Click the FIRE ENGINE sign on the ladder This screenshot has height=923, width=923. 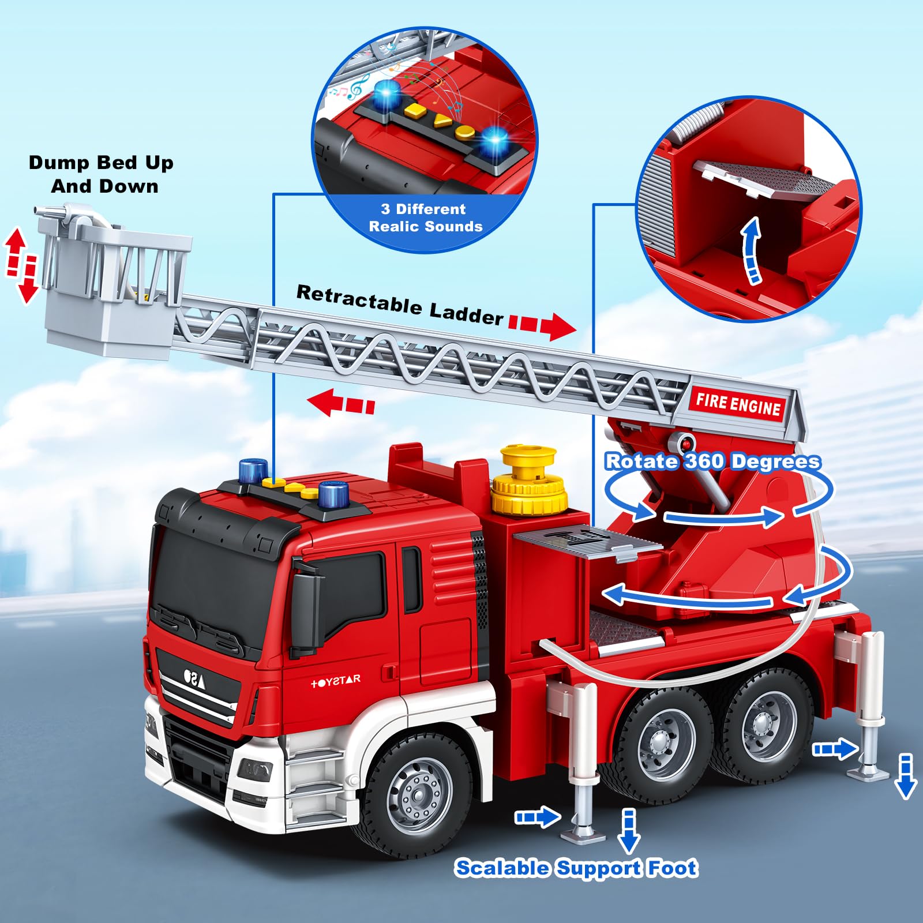pyautogui.click(x=738, y=403)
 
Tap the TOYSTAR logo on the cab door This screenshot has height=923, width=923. pyautogui.click(x=335, y=681)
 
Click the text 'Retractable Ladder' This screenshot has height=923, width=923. pyautogui.click(x=400, y=304)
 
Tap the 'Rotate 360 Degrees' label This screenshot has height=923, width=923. pyautogui.click(x=713, y=461)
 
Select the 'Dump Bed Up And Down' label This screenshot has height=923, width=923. pyautogui.click(x=102, y=174)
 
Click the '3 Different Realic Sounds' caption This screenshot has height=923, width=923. pyautogui.click(x=426, y=217)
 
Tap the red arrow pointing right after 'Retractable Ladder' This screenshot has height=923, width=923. pyautogui.click(x=542, y=326)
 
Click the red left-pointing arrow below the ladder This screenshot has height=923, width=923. pyautogui.click(x=341, y=402)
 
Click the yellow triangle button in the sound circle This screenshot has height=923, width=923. pyautogui.click(x=442, y=121)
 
